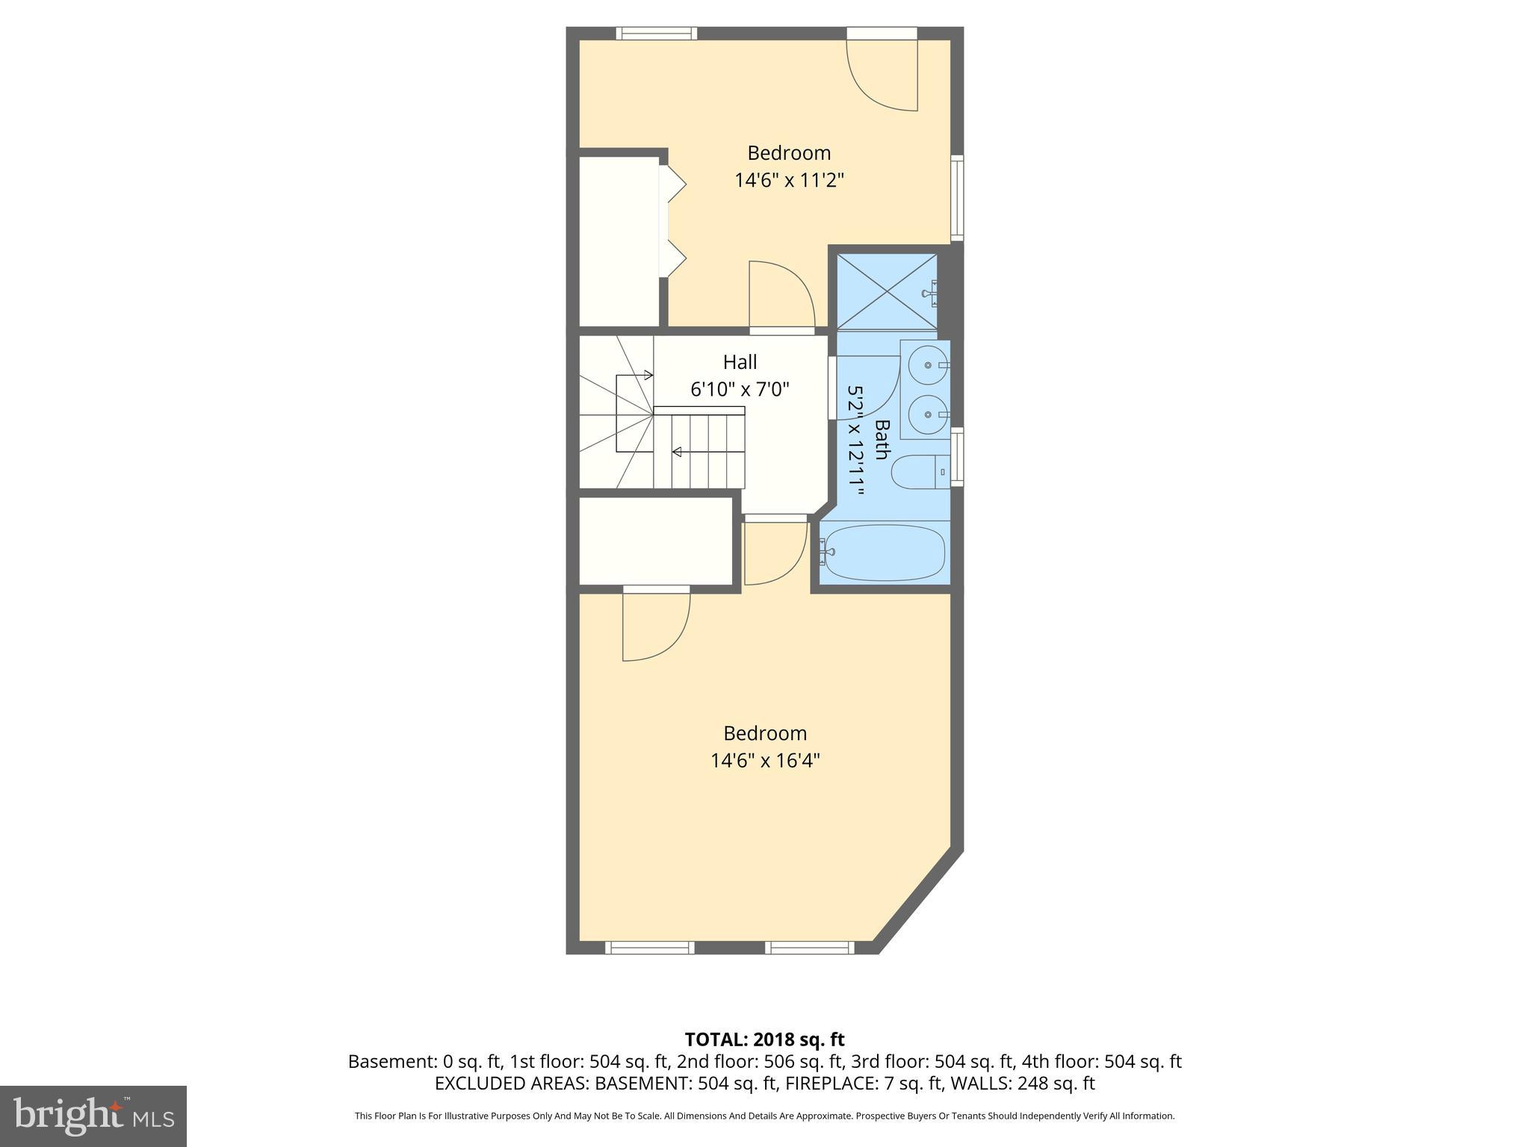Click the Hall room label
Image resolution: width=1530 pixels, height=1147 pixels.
(x=740, y=362)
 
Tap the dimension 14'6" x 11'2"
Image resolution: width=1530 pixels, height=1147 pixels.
(x=789, y=181)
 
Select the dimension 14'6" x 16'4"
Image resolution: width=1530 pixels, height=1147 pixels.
(x=765, y=761)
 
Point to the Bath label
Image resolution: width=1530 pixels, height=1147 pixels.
(x=882, y=440)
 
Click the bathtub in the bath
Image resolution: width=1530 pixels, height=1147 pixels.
(x=884, y=553)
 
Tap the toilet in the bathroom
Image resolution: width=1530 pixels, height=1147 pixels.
(x=918, y=472)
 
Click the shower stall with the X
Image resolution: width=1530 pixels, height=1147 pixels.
(x=886, y=291)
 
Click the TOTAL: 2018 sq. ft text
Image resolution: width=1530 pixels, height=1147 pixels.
(x=764, y=1039)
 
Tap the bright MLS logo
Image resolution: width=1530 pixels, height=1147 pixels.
(x=93, y=1116)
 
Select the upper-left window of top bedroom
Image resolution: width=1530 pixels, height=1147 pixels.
(x=657, y=33)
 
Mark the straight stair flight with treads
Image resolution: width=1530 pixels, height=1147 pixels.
(x=700, y=452)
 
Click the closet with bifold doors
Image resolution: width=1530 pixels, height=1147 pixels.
(x=619, y=240)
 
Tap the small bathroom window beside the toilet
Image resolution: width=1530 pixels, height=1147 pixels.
(x=957, y=457)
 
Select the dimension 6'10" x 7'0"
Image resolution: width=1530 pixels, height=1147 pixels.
(x=740, y=389)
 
